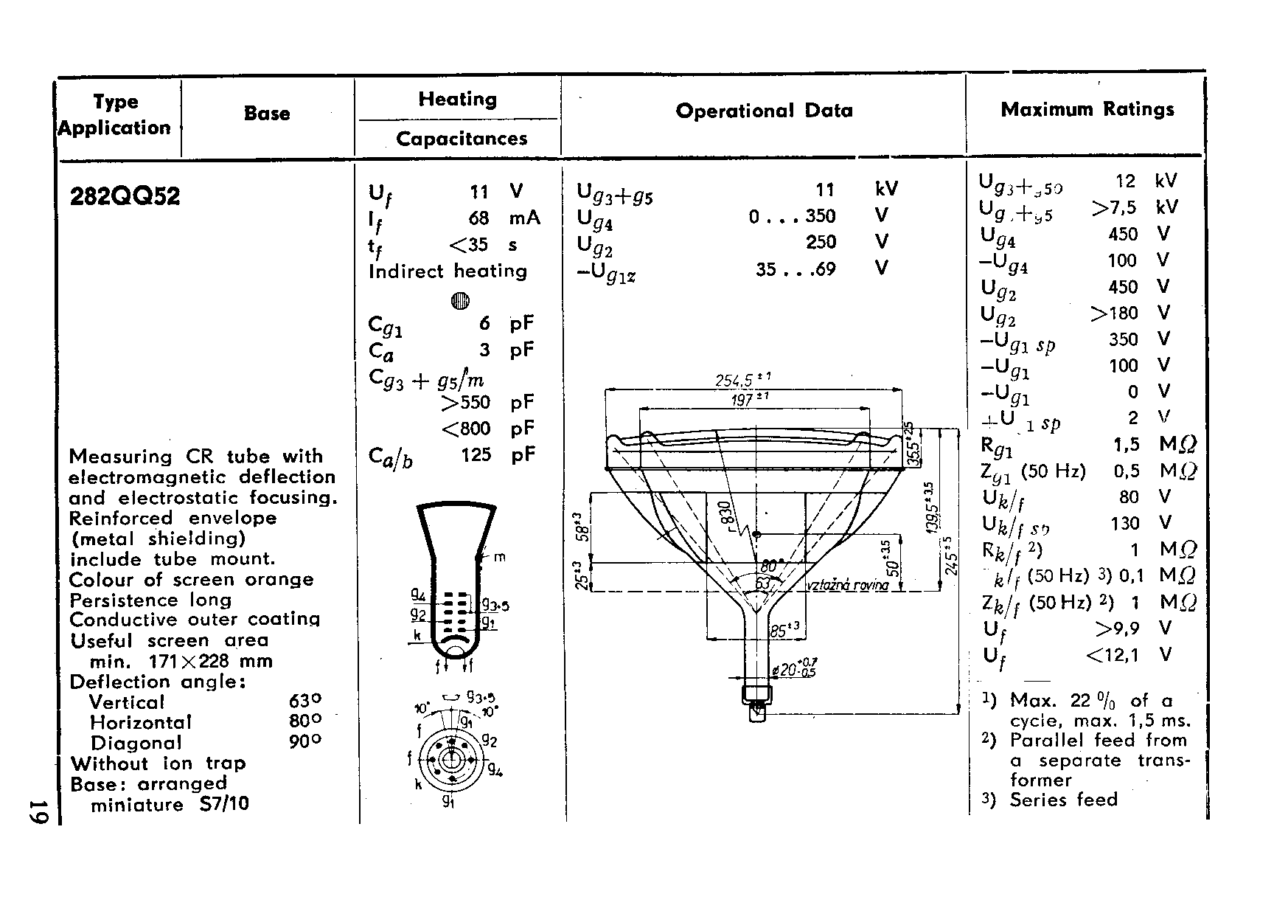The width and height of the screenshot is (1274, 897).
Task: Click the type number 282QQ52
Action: pos(125,197)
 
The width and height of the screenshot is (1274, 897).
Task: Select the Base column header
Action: pos(267,114)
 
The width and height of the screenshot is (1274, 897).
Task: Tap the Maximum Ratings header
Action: pos(1087,110)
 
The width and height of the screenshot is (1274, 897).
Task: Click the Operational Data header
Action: pos(764,111)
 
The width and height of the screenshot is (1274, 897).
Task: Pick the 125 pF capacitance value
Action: pos(476,455)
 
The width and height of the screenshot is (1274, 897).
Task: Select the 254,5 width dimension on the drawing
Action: pos(742,381)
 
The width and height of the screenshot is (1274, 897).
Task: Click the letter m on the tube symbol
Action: pos(500,558)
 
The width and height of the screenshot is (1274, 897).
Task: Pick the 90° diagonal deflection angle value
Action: pos(305,742)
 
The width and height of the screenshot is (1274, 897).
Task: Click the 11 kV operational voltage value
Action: pos(825,190)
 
